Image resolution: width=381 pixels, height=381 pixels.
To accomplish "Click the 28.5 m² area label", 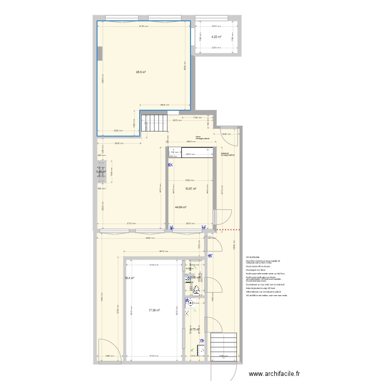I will (x=141, y=72).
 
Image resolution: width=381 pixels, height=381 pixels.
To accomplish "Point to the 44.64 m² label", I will (x=180, y=207).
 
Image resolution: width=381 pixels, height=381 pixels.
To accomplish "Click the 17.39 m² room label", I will (x=154, y=310).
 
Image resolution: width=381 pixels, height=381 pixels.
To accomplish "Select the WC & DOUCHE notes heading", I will (x=253, y=258).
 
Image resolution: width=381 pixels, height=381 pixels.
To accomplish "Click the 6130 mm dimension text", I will (x=144, y=26).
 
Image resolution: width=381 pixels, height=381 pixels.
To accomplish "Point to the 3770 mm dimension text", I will (x=131, y=223).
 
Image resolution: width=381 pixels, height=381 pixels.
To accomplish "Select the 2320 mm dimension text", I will (x=118, y=131).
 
